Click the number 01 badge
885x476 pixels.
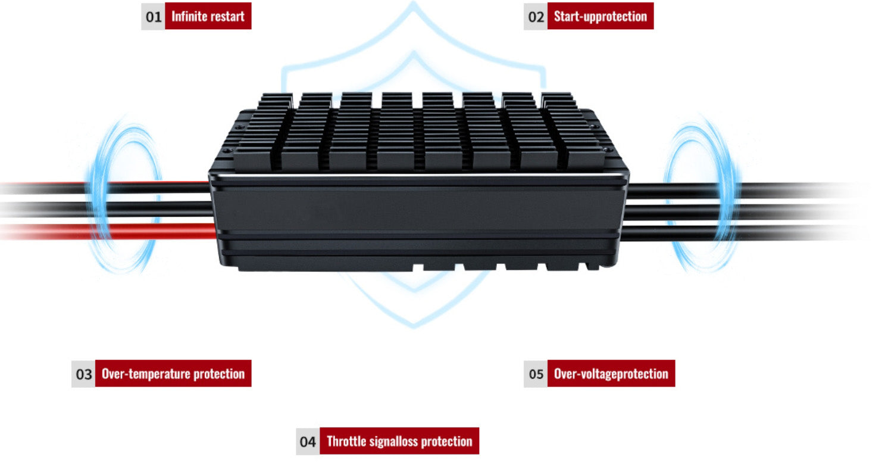[154, 16]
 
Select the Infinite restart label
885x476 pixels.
[208, 16]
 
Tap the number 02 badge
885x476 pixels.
[536, 16]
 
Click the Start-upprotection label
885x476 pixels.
[600, 16]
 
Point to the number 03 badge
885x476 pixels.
[83, 374]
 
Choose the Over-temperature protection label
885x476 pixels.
[173, 374]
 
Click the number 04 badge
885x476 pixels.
[308, 441]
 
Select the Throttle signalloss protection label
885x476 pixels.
[399, 441]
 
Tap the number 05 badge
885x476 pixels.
[536, 374]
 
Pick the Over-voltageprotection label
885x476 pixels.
[611, 374]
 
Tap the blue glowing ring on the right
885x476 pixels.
[701, 194]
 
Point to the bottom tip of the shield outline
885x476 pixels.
[414, 325]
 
